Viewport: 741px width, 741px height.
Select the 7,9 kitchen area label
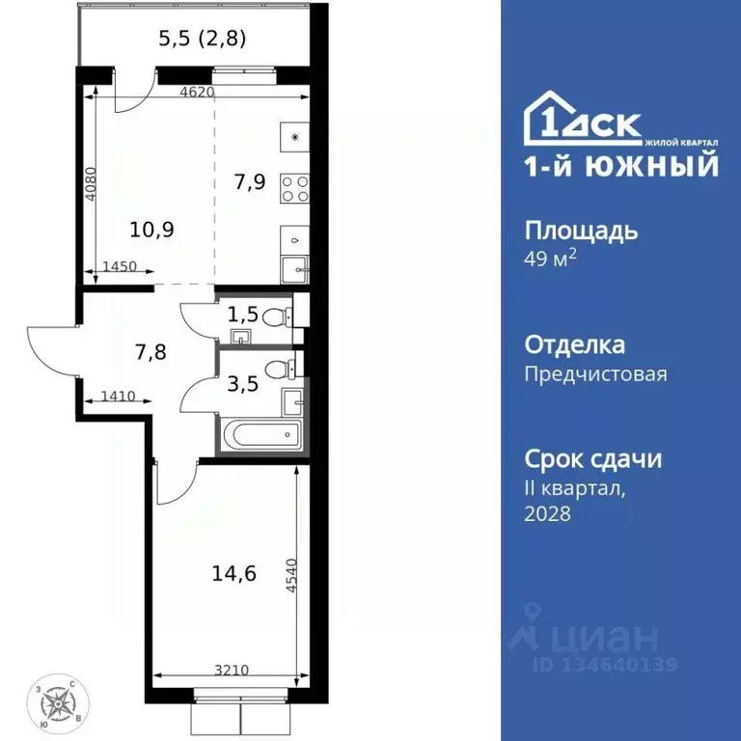[x=249, y=180]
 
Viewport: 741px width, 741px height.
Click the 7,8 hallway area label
[x=151, y=352]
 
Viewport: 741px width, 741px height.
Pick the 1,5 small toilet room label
[x=241, y=314]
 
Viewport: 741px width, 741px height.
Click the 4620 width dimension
[x=196, y=93]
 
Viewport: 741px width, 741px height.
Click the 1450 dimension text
[x=120, y=267]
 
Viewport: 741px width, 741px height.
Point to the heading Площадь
[x=580, y=232]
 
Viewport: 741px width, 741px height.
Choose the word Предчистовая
[x=595, y=373]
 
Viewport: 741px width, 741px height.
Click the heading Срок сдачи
[x=593, y=458]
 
